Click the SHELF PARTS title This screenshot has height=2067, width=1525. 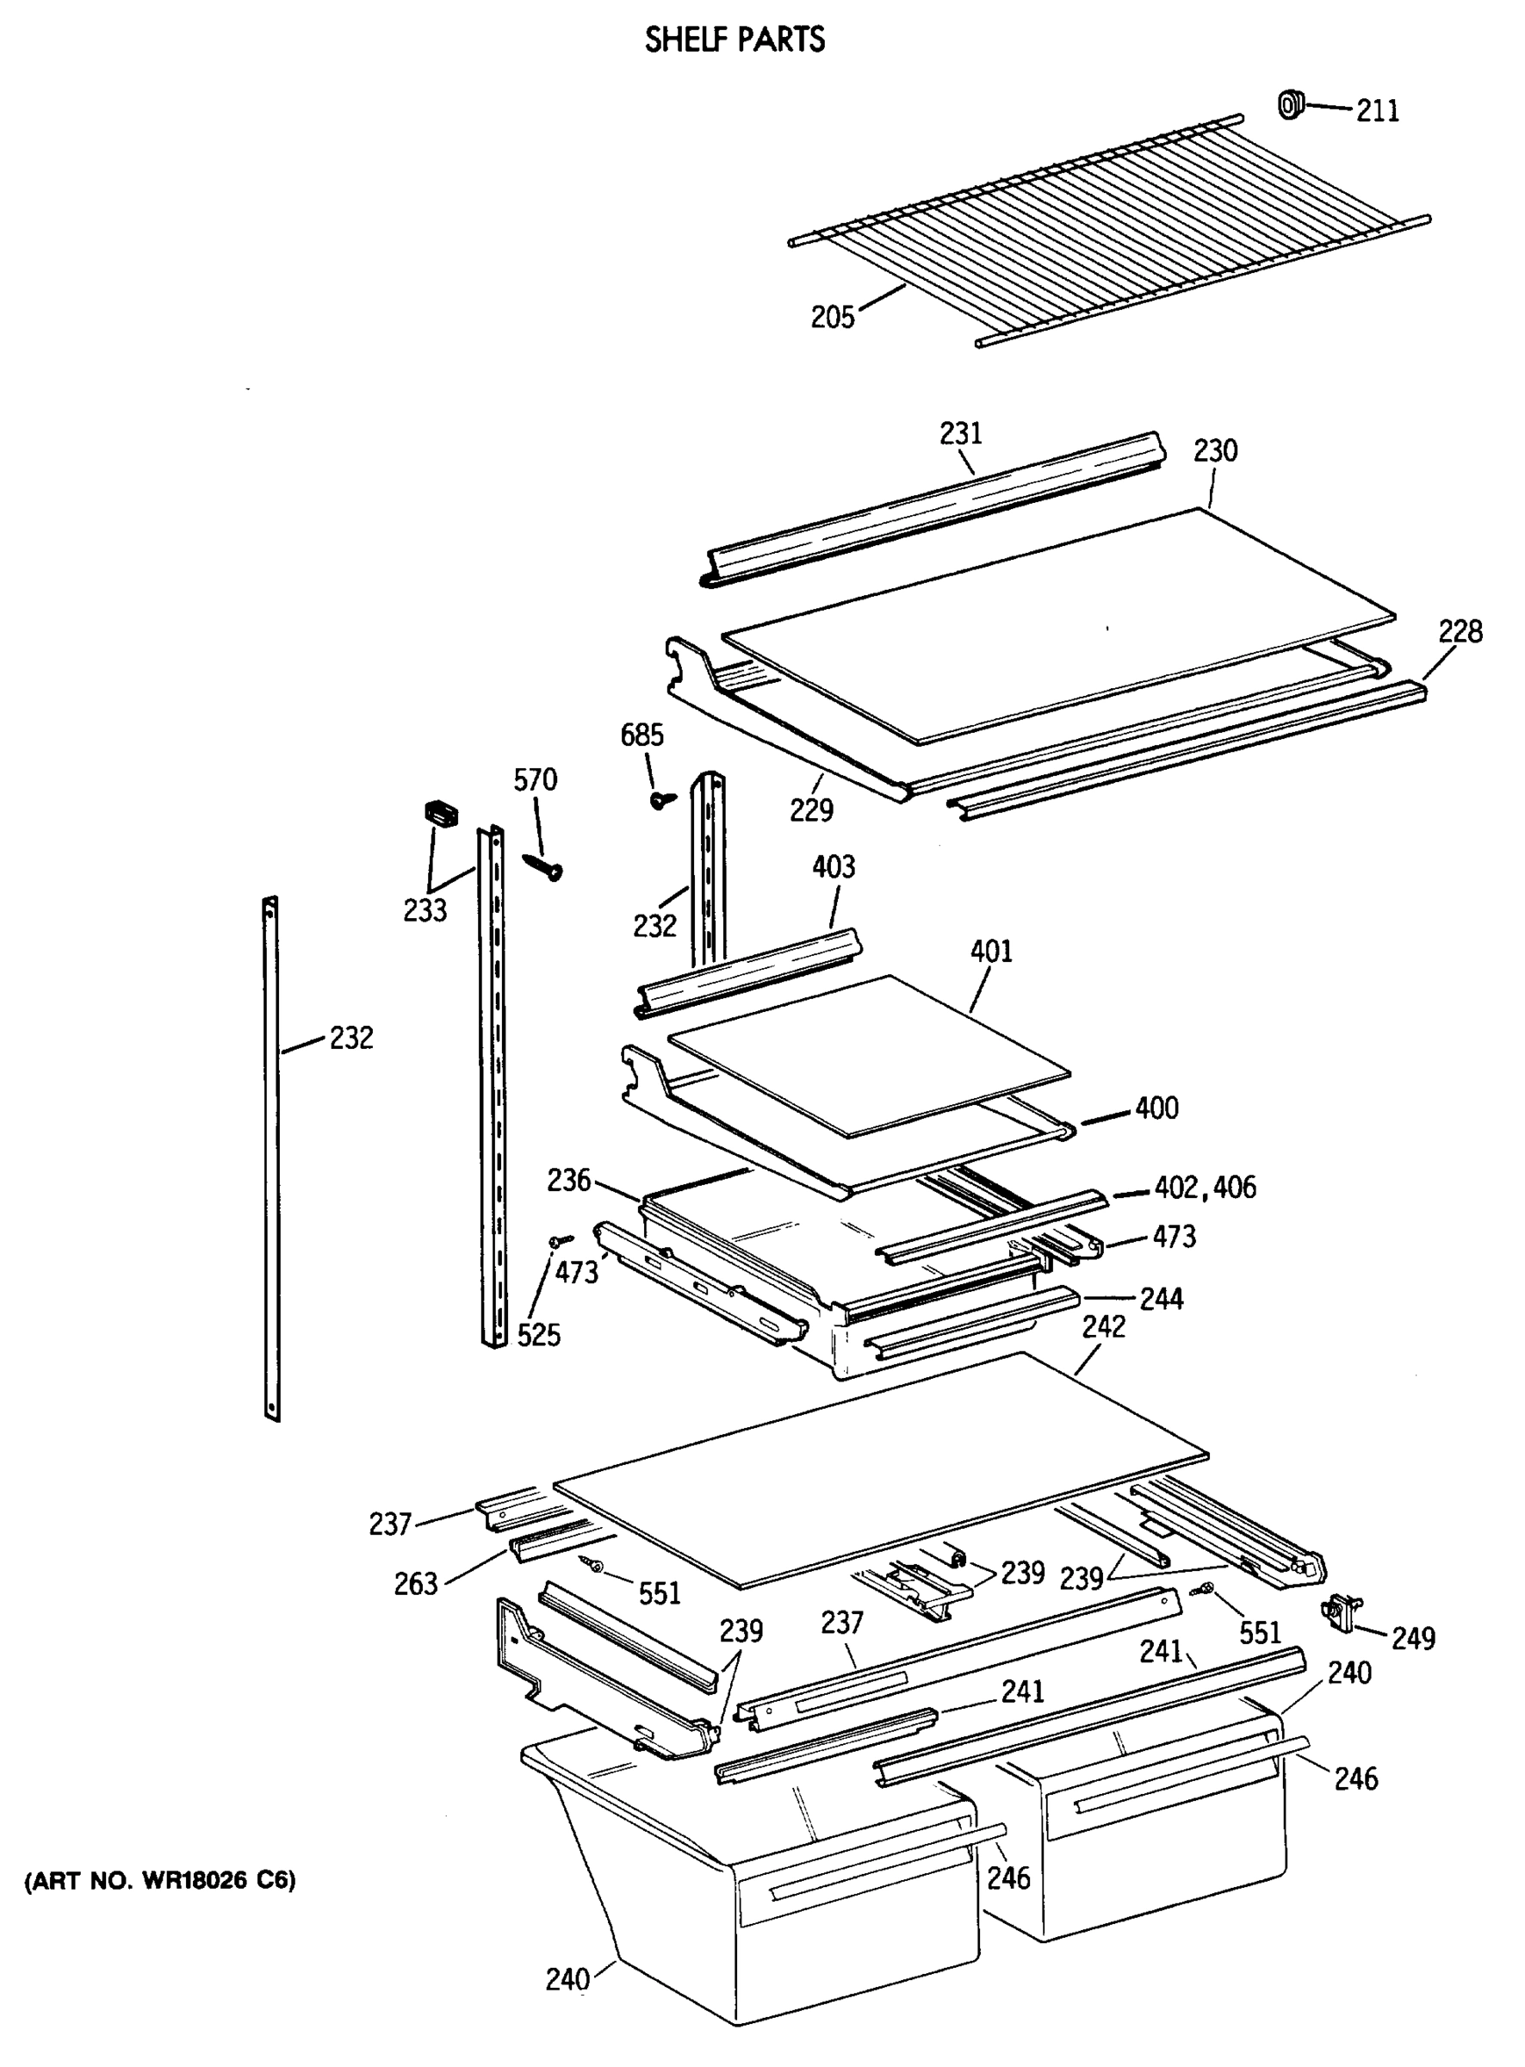point(734,40)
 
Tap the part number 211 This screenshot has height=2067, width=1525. point(1376,111)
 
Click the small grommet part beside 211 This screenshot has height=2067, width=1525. point(1290,104)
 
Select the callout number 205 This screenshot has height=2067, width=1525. point(832,317)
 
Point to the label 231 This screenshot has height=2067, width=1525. point(961,433)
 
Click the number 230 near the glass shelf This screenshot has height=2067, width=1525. point(1215,450)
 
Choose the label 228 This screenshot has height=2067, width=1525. point(1460,631)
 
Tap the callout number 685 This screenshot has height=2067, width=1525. point(642,735)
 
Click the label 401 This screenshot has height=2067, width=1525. point(990,951)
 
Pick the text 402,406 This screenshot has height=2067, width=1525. point(1205,1187)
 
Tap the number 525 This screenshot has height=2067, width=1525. point(538,1335)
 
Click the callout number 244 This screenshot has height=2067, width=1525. point(1162,1299)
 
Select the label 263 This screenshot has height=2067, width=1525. point(415,1583)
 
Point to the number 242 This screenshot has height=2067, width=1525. point(1103,1326)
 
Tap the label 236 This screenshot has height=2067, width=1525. point(567,1180)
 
